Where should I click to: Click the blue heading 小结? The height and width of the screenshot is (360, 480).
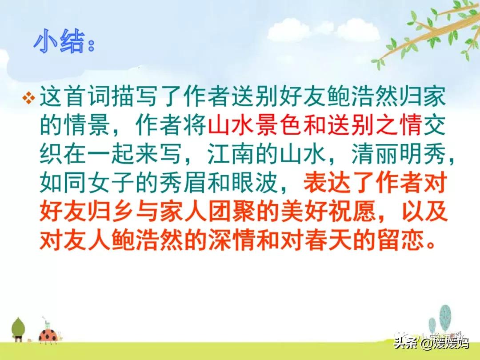pyautogui.click(x=59, y=42)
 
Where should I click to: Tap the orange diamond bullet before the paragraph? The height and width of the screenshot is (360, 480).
pyautogui.click(x=29, y=98)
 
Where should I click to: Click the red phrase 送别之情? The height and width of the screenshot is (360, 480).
pyautogui.click(x=375, y=125)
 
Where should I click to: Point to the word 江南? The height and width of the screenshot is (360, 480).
pyautogui.click(x=232, y=153)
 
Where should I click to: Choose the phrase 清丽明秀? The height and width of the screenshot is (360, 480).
pyautogui.click(x=399, y=153)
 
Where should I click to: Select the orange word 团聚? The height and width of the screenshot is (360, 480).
pyautogui.click(x=232, y=211)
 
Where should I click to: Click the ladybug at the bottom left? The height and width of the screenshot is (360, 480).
pyautogui.click(x=48, y=336)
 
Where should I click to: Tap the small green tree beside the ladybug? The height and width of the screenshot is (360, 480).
pyautogui.click(x=18, y=329)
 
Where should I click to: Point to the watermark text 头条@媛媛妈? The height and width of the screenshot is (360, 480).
pyautogui.click(x=431, y=342)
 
